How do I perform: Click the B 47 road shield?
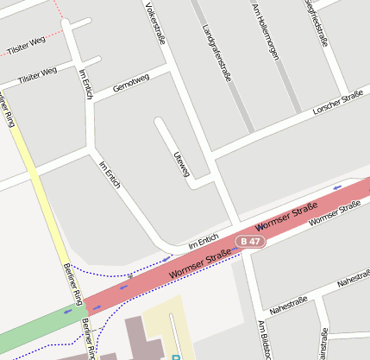coord(251,242)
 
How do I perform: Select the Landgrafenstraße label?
coord(217,53)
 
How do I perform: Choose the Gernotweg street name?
coord(131,83)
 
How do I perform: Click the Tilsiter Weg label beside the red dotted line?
coord(26,43)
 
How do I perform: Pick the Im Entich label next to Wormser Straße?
coord(204,244)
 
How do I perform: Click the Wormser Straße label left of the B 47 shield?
coord(200,263)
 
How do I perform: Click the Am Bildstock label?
coord(264,342)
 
